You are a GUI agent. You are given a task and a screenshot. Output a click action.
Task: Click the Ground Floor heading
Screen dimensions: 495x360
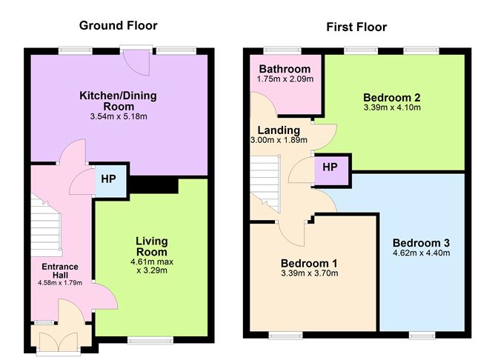click(x=118, y=26)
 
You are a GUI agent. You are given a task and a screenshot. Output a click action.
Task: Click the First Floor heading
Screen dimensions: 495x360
click(x=356, y=27)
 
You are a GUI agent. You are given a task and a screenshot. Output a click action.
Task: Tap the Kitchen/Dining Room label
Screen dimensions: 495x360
click(x=118, y=101)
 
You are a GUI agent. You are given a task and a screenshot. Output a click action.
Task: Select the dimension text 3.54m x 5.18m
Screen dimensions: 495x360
click(x=119, y=116)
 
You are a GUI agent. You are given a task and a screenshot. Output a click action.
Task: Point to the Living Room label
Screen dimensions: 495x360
click(x=151, y=247)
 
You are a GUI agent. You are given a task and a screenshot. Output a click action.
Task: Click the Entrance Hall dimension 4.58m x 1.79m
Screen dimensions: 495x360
click(x=60, y=283)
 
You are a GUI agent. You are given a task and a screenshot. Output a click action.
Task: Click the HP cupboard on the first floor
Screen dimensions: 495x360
click(x=331, y=170)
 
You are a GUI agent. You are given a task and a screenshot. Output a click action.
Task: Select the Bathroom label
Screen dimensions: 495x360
click(x=285, y=69)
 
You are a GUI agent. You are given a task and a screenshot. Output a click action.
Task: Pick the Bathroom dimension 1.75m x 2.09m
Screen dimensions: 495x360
click(x=285, y=79)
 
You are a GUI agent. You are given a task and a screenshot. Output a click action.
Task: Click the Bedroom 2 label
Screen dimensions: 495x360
click(x=392, y=97)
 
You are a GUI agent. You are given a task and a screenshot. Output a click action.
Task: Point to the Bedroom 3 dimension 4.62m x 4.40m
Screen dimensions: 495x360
click(x=422, y=253)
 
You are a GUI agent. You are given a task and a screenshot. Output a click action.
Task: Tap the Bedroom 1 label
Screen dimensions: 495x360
click(x=309, y=263)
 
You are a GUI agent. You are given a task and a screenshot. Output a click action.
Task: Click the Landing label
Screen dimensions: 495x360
click(x=279, y=130)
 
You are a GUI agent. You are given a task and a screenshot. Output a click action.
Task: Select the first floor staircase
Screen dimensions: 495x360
click(x=265, y=184)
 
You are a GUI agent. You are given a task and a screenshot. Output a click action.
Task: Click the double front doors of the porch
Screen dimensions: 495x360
click(x=59, y=341)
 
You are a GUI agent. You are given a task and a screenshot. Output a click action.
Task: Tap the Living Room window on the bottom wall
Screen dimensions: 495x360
click(x=150, y=340)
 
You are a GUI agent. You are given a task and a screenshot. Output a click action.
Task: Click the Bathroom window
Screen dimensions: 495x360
click(x=282, y=50)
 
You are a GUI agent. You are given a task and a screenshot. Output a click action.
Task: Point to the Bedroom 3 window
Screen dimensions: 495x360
click(x=422, y=335)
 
